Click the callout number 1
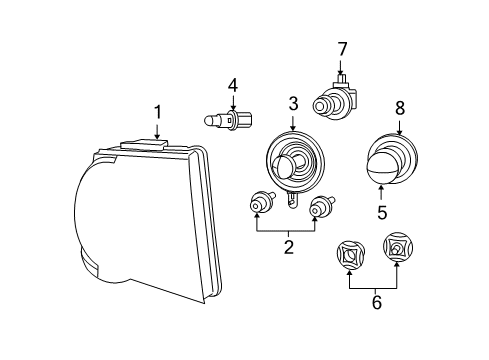(157, 112)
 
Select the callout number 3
(293, 103)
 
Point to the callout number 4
(232, 86)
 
